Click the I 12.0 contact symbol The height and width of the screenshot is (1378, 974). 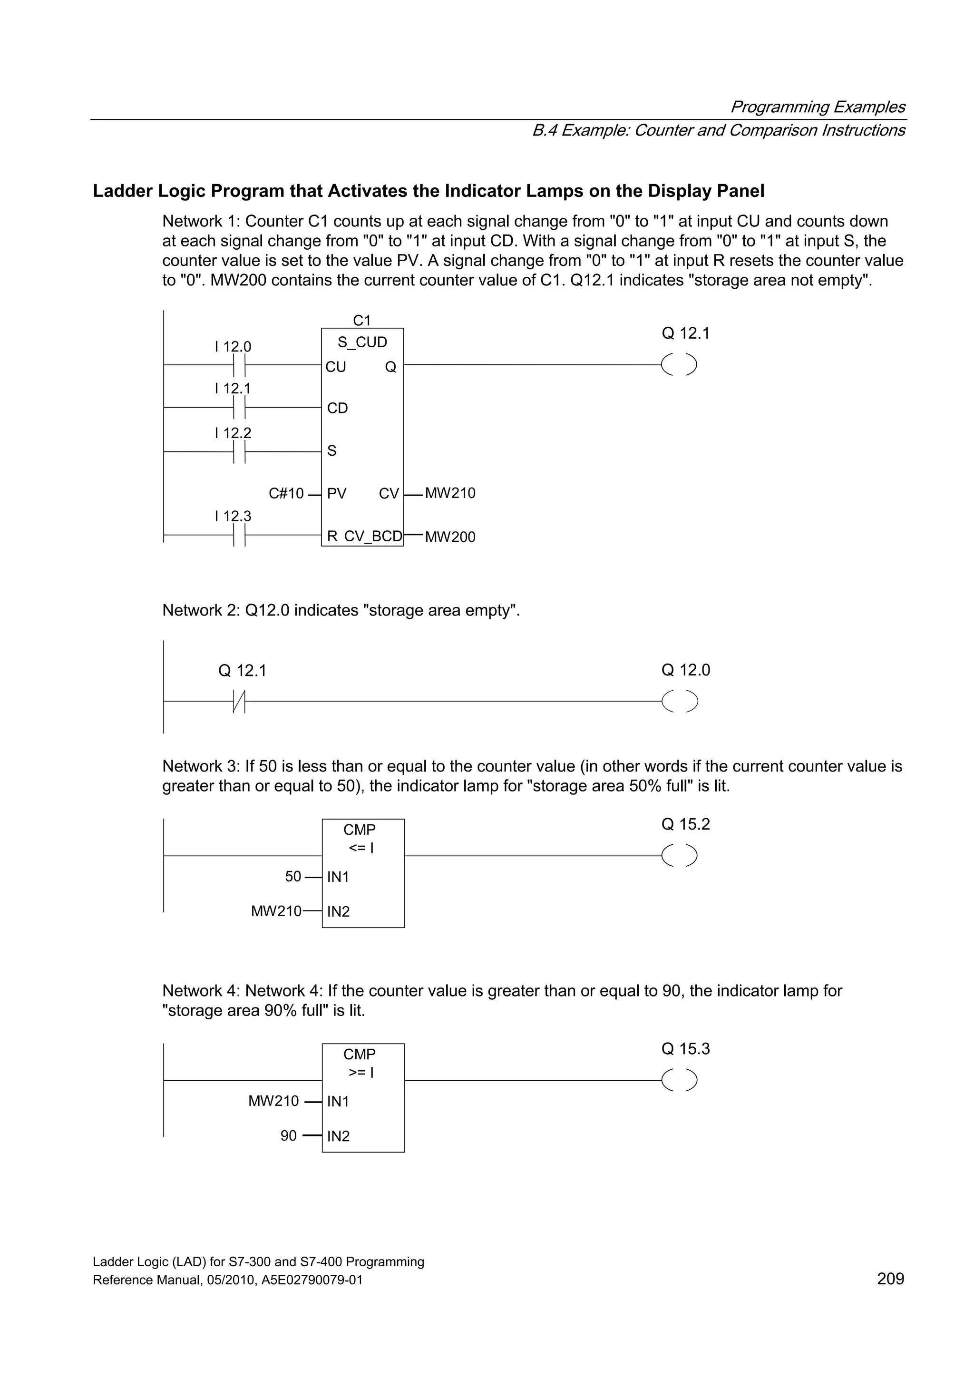(239, 364)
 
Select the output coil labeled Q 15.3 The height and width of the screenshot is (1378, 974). (679, 1080)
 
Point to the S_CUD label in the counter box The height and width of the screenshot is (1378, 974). (362, 342)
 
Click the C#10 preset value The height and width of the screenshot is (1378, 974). (286, 493)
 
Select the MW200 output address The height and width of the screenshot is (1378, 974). (450, 537)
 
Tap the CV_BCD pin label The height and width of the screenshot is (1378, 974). (373, 536)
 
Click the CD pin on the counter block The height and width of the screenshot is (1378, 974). (337, 408)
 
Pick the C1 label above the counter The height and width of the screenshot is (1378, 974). (362, 320)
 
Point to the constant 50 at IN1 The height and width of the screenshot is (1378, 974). (293, 876)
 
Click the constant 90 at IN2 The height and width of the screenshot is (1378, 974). (289, 1135)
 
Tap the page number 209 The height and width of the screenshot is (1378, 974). (890, 1279)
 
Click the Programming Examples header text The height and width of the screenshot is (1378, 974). (818, 107)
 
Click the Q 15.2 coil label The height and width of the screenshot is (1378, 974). (685, 824)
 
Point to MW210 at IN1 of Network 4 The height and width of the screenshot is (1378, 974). (273, 1101)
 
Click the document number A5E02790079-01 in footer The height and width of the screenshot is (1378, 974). (312, 1280)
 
